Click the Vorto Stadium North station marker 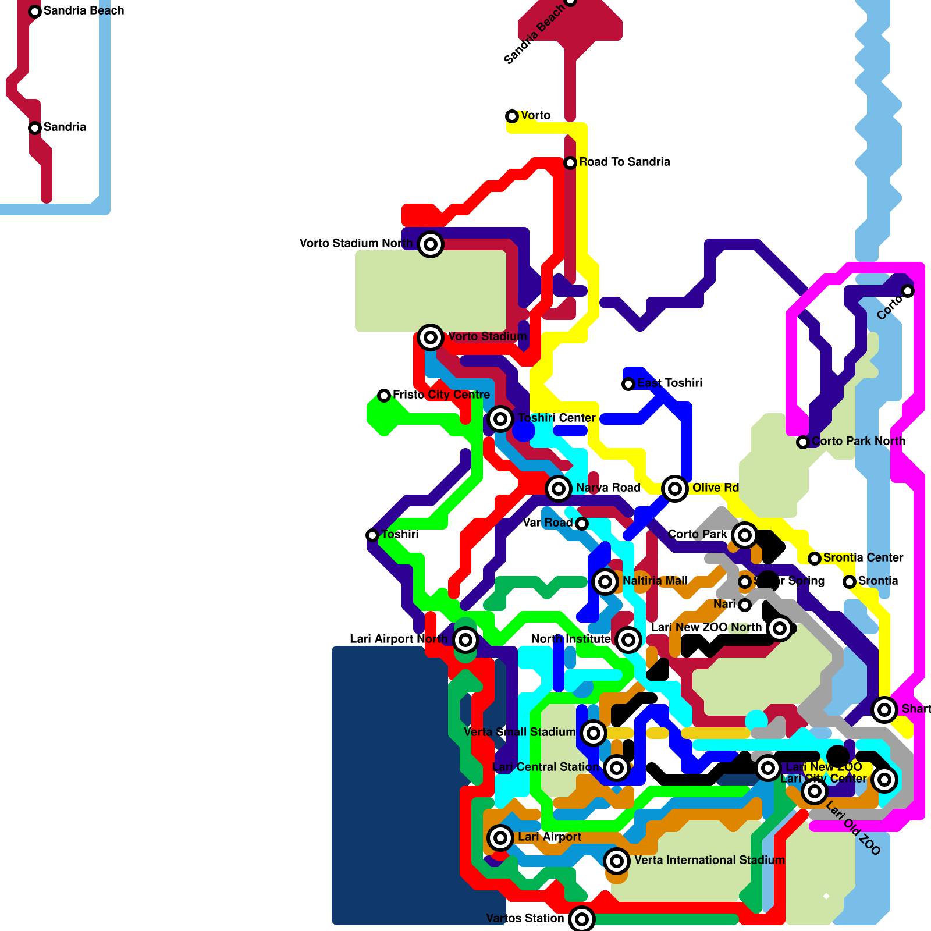pos(431,244)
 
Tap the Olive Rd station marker pos(675,489)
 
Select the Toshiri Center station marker pos(500,419)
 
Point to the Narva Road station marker pos(559,489)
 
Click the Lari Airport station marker pos(500,838)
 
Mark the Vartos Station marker pos(582,919)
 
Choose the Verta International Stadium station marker pos(617,861)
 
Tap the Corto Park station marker pos(745,535)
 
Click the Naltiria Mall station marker pos(605,582)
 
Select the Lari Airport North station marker pos(465,640)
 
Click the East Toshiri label pos(670,383)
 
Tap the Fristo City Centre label pos(441,395)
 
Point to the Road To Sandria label pos(624,162)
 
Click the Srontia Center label pos(863,557)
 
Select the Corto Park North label pos(858,441)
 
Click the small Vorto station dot pos(512,116)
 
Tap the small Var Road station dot pos(582,524)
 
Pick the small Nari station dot pos(745,605)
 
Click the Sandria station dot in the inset pos(35,128)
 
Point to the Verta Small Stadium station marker pos(594,733)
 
